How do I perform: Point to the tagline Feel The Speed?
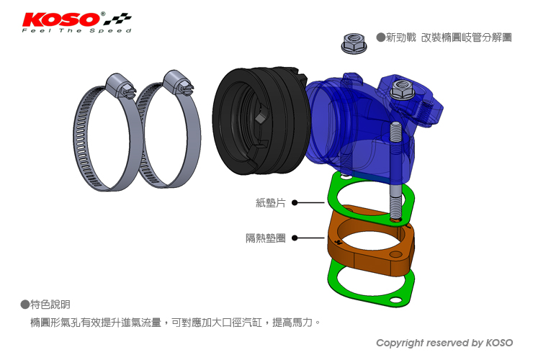pyautogui.click(x=77, y=30)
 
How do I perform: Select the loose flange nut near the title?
pyautogui.click(x=353, y=43)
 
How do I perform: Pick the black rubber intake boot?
pyautogui.click(x=261, y=121)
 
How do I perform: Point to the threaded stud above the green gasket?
pyautogui.click(x=396, y=171)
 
